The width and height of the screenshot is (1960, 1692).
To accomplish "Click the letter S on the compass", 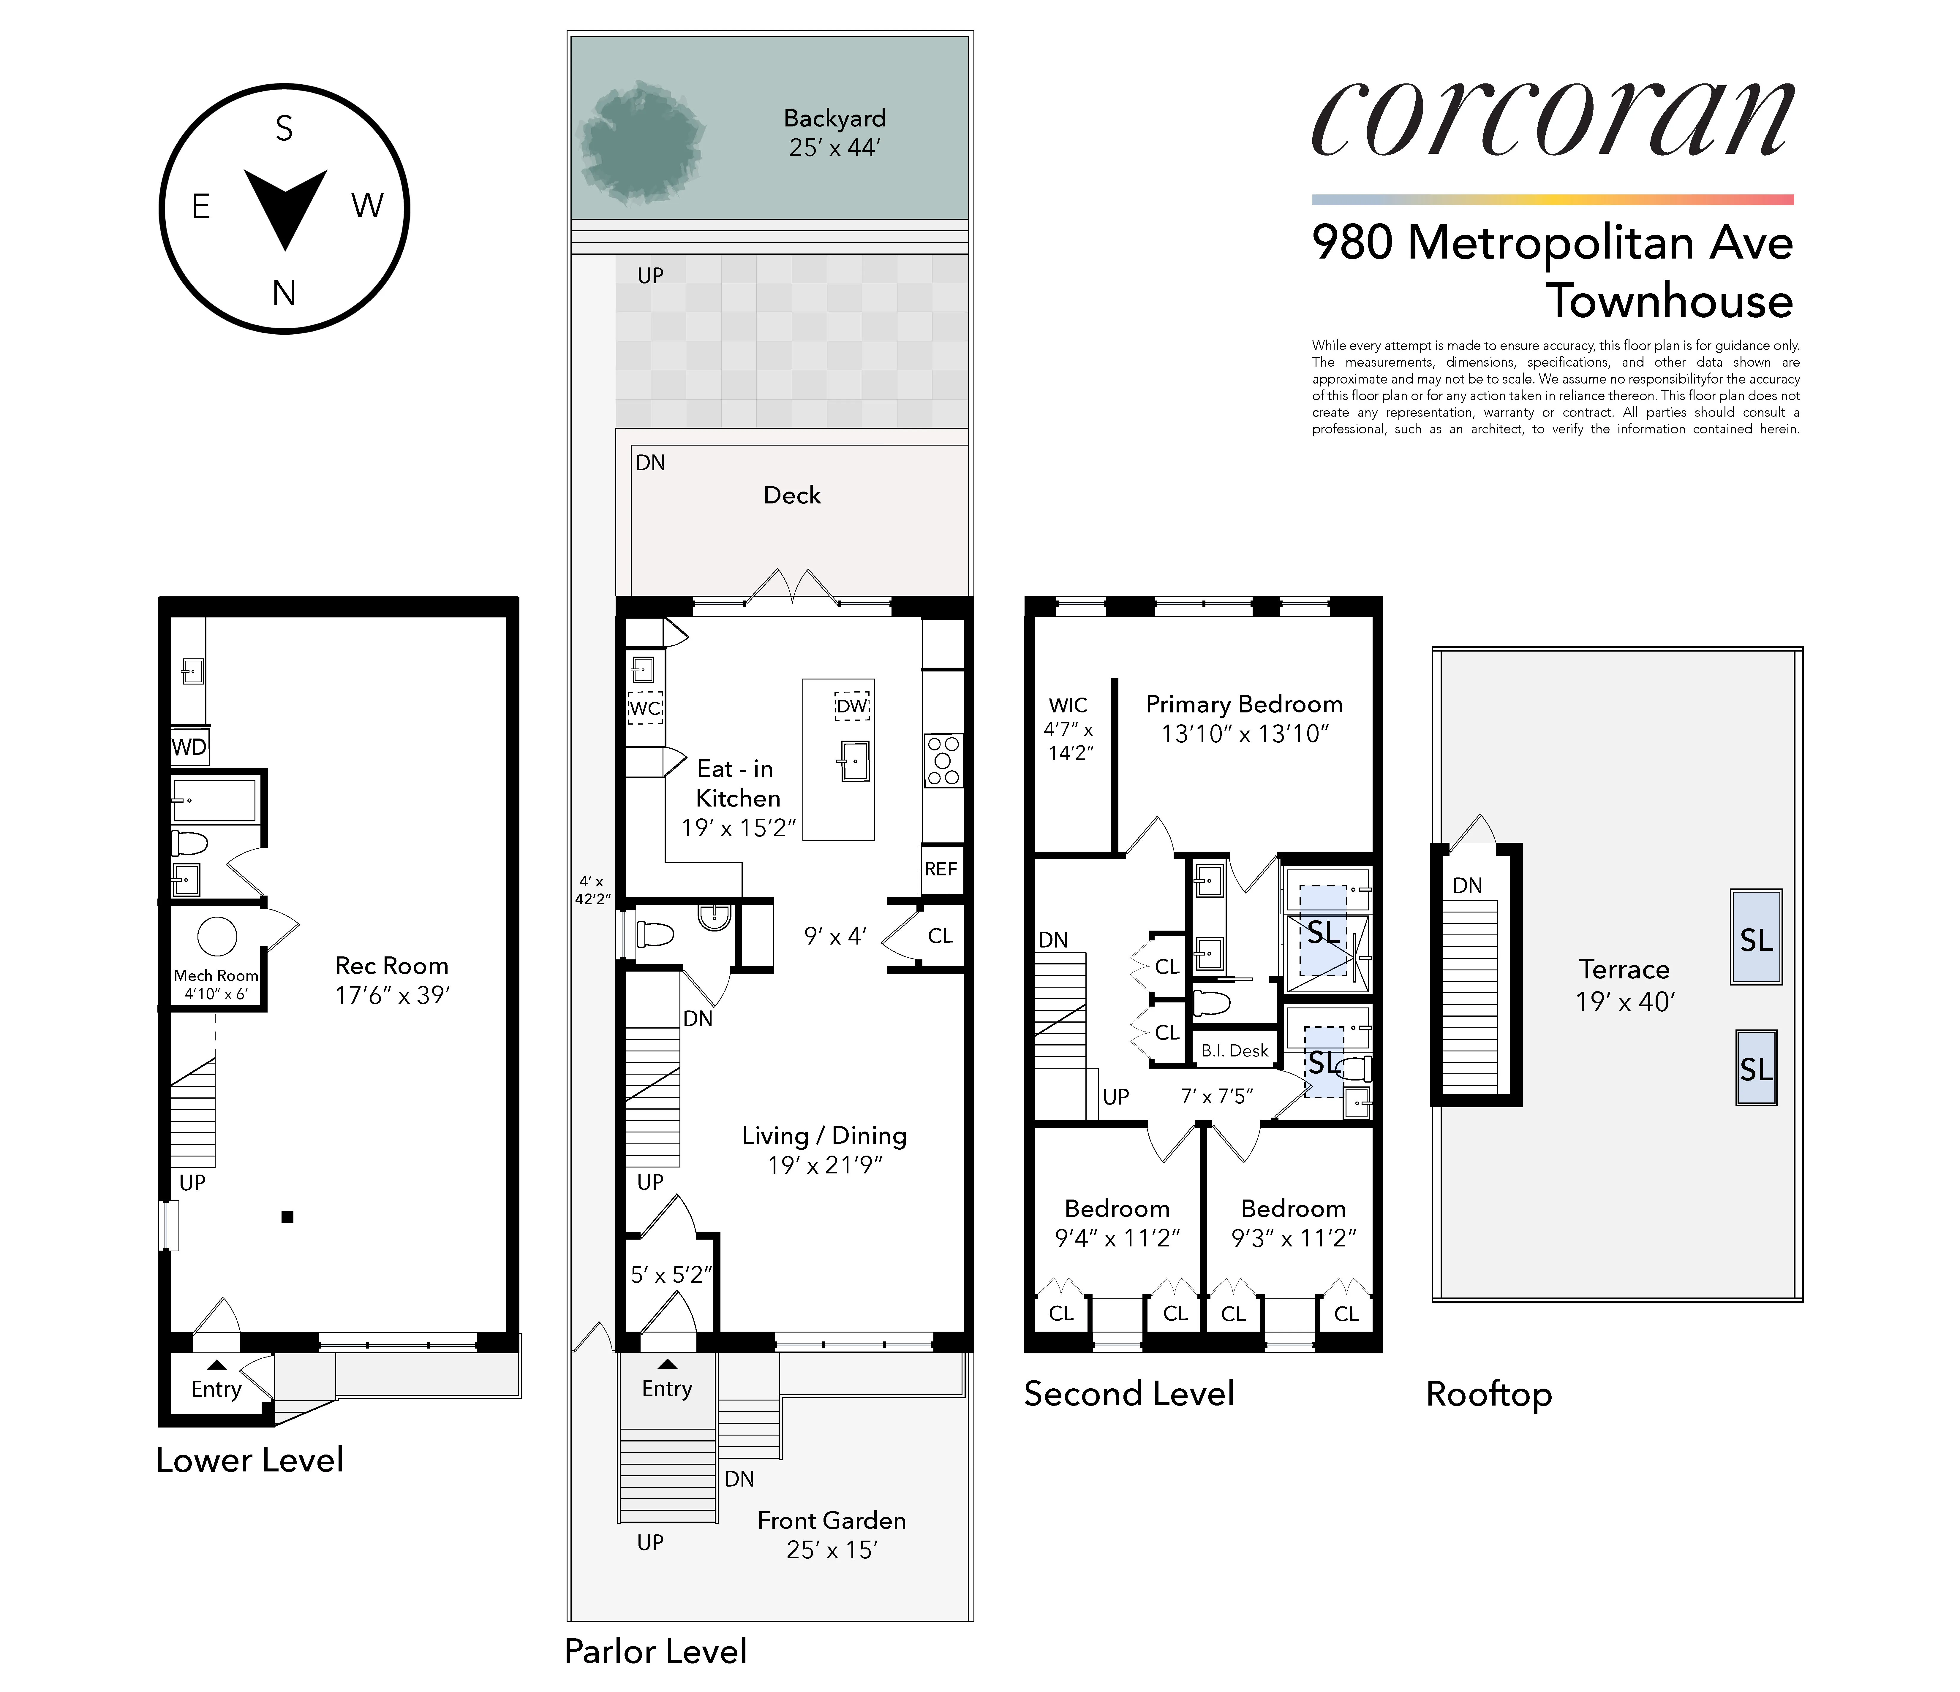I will click(x=284, y=129).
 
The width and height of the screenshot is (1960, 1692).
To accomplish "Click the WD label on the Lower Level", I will click(x=189, y=747).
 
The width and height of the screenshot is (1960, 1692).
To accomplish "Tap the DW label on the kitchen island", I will click(x=851, y=706).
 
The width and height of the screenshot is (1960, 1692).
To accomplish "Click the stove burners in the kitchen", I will click(x=943, y=761).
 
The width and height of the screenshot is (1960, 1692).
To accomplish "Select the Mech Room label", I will click(x=216, y=975).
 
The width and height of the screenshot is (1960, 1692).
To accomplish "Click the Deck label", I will click(x=792, y=496).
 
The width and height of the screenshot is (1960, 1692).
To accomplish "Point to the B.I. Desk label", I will click(x=1235, y=1051).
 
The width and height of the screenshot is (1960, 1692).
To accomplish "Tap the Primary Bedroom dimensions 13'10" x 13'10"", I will click(x=1245, y=734).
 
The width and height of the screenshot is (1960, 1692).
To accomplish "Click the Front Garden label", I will click(x=832, y=1521).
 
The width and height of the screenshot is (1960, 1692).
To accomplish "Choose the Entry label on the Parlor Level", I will click(x=667, y=1388).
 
